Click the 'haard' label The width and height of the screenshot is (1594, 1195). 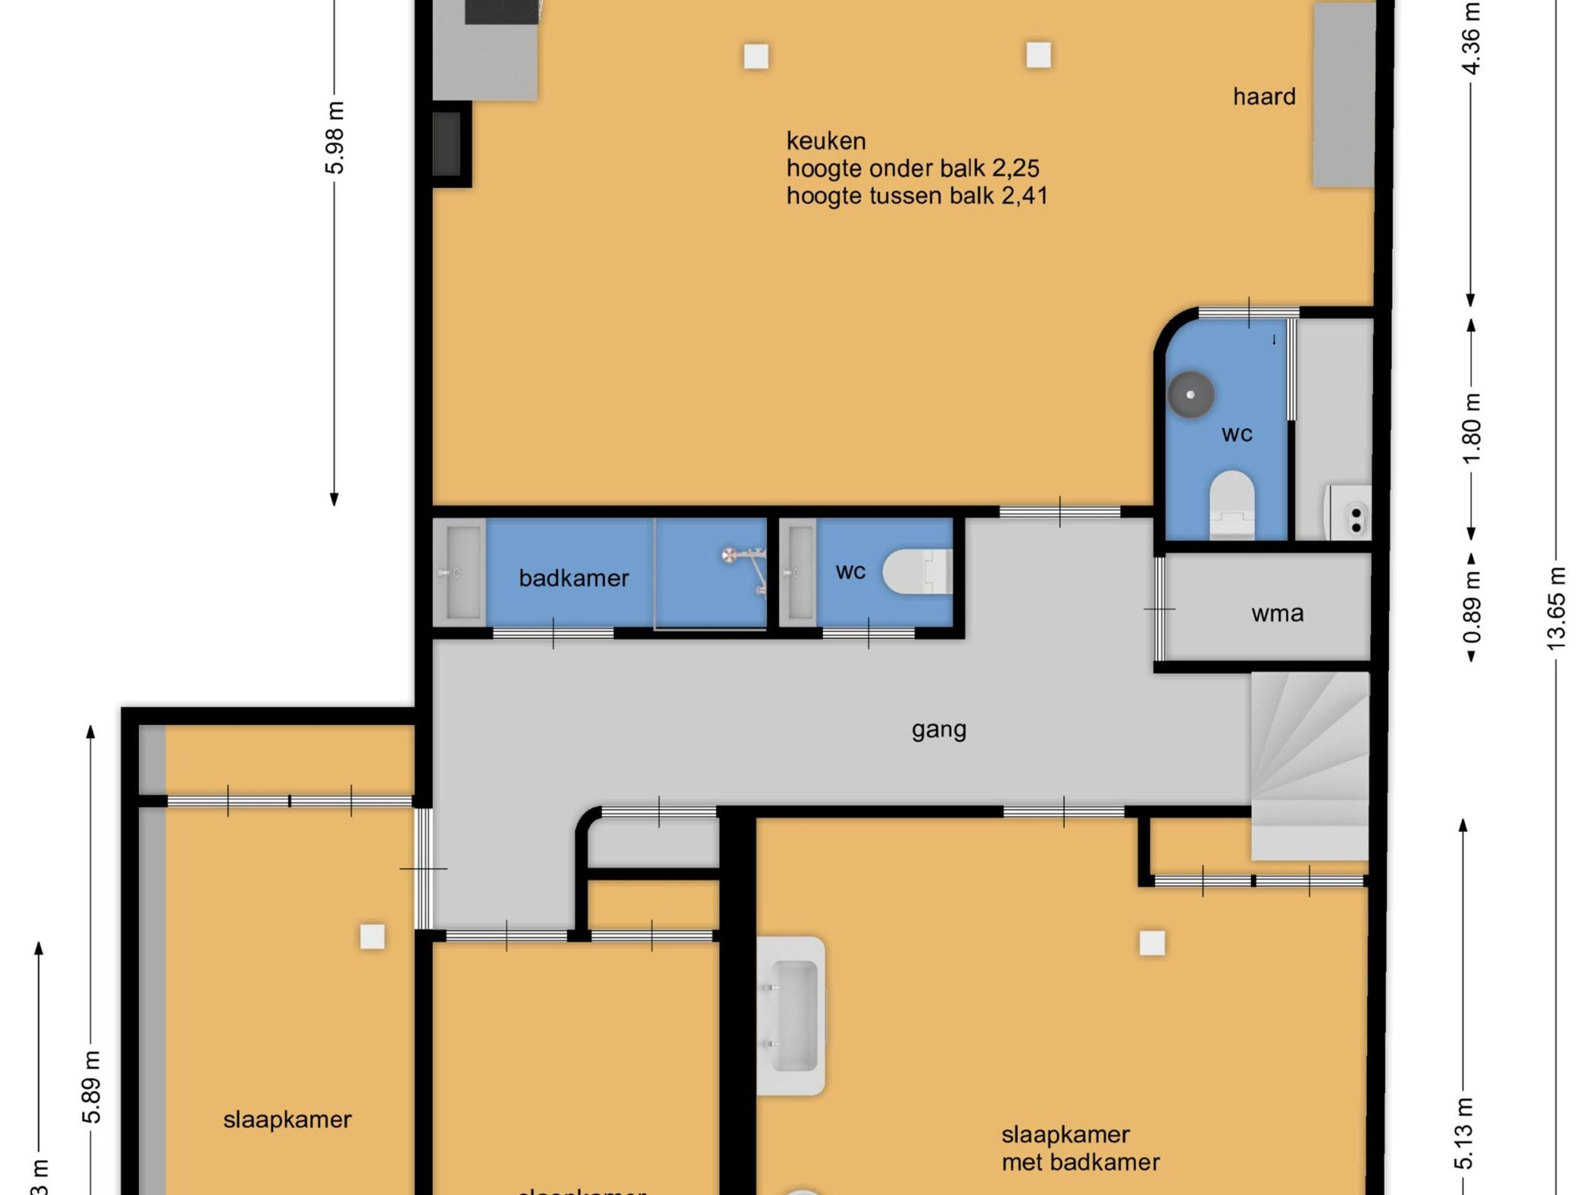pos(1264,96)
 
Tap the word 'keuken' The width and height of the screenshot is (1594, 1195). pos(826,141)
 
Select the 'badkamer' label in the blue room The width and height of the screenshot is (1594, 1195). pos(573,578)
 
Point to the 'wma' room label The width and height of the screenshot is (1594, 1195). pos(1277,613)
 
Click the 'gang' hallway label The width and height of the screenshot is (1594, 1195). pos(938,729)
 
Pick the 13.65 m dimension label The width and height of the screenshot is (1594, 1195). pos(1557,609)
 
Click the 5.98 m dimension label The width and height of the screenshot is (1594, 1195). pos(335,138)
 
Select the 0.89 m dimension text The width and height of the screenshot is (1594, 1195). pos(1472,607)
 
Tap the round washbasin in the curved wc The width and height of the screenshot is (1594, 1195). pos(1191,395)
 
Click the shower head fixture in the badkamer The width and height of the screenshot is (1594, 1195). pos(731,555)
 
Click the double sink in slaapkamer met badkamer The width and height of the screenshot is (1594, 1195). pos(791,1016)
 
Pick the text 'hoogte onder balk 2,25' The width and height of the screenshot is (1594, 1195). pos(912,169)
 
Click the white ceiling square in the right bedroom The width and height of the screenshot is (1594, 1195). pos(1151,943)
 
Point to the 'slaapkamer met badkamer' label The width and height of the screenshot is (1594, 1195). pos(1080,1148)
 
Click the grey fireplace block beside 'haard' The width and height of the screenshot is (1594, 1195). pos(1342,95)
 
